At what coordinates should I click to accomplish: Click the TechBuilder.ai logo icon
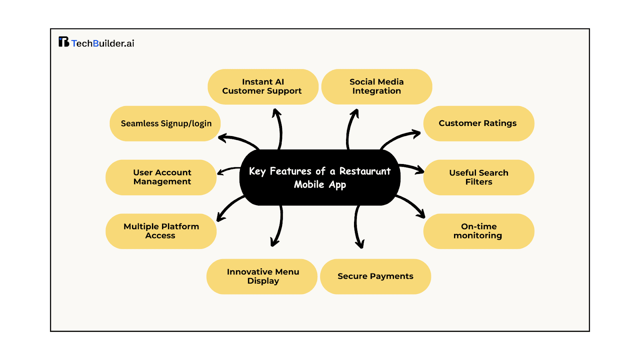click(x=64, y=42)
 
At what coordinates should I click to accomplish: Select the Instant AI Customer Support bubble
click(x=263, y=87)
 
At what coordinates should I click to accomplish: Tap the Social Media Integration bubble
click(x=376, y=87)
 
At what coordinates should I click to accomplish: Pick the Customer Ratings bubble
click(x=478, y=123)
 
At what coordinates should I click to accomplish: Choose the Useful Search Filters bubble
click(x=478, y=177)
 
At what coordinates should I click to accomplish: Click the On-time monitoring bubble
click(x=478, y=231)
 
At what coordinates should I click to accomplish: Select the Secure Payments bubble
click(x=375, y=276)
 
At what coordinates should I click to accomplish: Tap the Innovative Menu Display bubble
click(x=262, y=276)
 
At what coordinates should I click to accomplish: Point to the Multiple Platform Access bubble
click(x=161, y=231)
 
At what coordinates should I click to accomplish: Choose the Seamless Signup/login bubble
click(x=165, y=123)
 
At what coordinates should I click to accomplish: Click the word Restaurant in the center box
click(x=365, y=171)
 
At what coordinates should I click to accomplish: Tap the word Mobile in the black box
click(x=309, y=184)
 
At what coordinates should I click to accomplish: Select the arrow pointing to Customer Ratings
click(x=400, y=138)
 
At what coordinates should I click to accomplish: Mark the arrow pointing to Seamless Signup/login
click(x=239, y=140)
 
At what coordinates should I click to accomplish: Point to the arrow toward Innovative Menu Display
click(x=279, y=226)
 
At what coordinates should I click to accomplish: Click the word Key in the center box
click(x=257, y=172)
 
